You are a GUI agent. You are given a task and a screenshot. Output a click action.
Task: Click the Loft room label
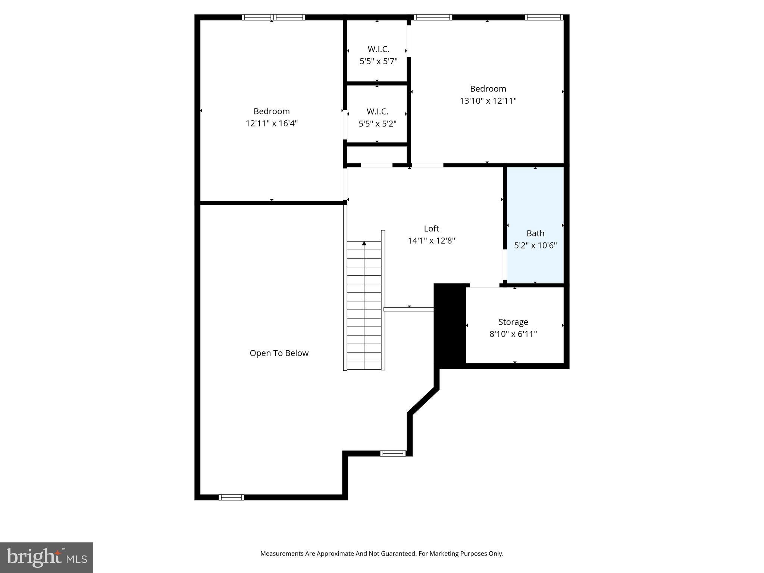point(431,228)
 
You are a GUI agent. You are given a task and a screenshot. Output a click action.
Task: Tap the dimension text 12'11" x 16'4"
point(272,123)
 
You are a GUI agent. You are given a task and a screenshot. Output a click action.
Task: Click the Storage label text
point(513,322)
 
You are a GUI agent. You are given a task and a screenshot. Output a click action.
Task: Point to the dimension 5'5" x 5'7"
point(378,61)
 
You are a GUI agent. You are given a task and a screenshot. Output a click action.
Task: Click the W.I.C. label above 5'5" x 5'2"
point(377,111)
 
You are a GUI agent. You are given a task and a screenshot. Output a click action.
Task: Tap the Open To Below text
point(279,353)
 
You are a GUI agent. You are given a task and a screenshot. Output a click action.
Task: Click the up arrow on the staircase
point(364,244)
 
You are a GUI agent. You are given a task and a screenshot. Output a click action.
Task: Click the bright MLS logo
point(47,557)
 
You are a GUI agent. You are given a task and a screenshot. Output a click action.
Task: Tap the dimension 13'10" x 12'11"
point(488,101)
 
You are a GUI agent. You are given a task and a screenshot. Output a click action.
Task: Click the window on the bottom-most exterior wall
point(231,497)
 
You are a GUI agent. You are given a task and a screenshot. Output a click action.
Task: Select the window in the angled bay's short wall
point(393,454)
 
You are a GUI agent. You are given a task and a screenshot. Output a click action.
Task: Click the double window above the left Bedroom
point(273,17)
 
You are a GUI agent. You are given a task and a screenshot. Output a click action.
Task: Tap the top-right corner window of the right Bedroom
point(544,17)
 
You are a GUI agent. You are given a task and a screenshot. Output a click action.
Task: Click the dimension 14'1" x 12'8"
point(431,241)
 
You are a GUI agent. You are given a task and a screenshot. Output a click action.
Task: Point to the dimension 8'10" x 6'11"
point(513,334)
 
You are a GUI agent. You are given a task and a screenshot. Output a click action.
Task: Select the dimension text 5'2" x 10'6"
point(535,245)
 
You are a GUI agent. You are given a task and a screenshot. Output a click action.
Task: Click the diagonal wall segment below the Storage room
point(423,401)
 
